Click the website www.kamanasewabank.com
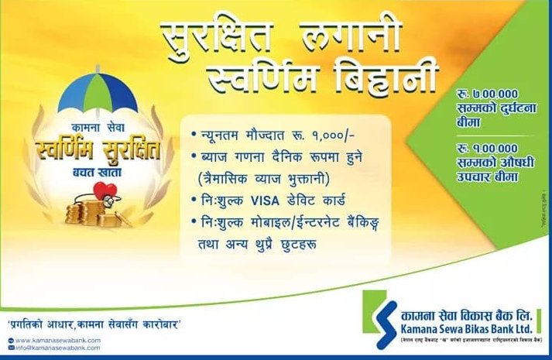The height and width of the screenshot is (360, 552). tap(58, 340)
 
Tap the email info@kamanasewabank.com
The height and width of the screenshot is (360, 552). tap(58, 348)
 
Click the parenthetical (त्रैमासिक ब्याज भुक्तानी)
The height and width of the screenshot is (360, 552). tap(264, 177)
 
